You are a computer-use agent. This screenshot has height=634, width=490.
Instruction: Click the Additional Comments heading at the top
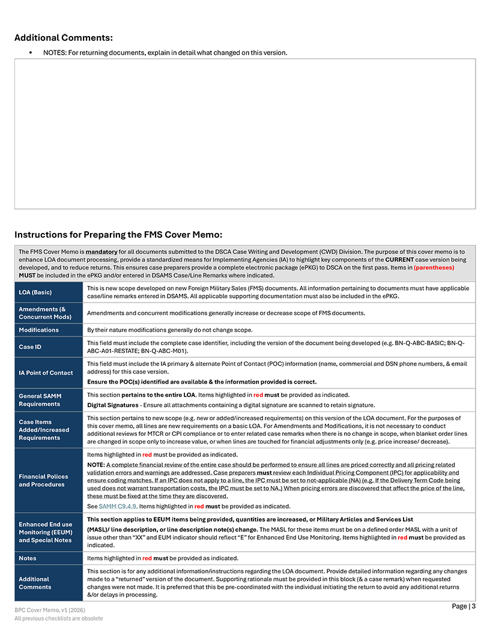[x=64, y=38]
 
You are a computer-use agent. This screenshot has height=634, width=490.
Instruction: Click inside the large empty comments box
[x=245, y=133]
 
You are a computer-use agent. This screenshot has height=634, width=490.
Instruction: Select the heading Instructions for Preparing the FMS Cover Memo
[x=118, y=234]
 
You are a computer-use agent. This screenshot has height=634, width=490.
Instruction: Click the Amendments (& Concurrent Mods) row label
[x=45, y=313]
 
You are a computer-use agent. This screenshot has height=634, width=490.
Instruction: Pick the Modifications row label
[x=38, y=330]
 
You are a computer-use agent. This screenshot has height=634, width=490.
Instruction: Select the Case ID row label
[x=30, y=346]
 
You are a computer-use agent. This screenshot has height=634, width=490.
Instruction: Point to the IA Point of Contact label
[x=46, y=373]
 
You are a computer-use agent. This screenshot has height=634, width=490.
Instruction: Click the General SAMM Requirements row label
[x=40, y=400]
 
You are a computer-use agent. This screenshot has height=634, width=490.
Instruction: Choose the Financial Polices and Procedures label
[x=43, y=480]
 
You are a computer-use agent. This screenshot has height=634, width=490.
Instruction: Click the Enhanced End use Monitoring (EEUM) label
[x=45, y=532]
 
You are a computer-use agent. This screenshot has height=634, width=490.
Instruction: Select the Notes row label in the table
[x=28, y=558]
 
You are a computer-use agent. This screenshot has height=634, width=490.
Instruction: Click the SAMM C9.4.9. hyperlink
[x=118, y=506]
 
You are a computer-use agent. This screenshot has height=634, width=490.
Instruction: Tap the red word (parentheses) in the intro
[x=434, y=267]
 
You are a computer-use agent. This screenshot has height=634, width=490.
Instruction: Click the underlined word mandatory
[x=101, y=252]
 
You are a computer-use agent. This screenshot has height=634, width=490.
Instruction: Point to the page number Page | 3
[x=464, y=606]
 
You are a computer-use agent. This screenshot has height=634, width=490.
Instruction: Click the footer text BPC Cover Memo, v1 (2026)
[x=52, y=610]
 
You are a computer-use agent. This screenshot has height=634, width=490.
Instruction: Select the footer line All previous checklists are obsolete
[x=59, y=618]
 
